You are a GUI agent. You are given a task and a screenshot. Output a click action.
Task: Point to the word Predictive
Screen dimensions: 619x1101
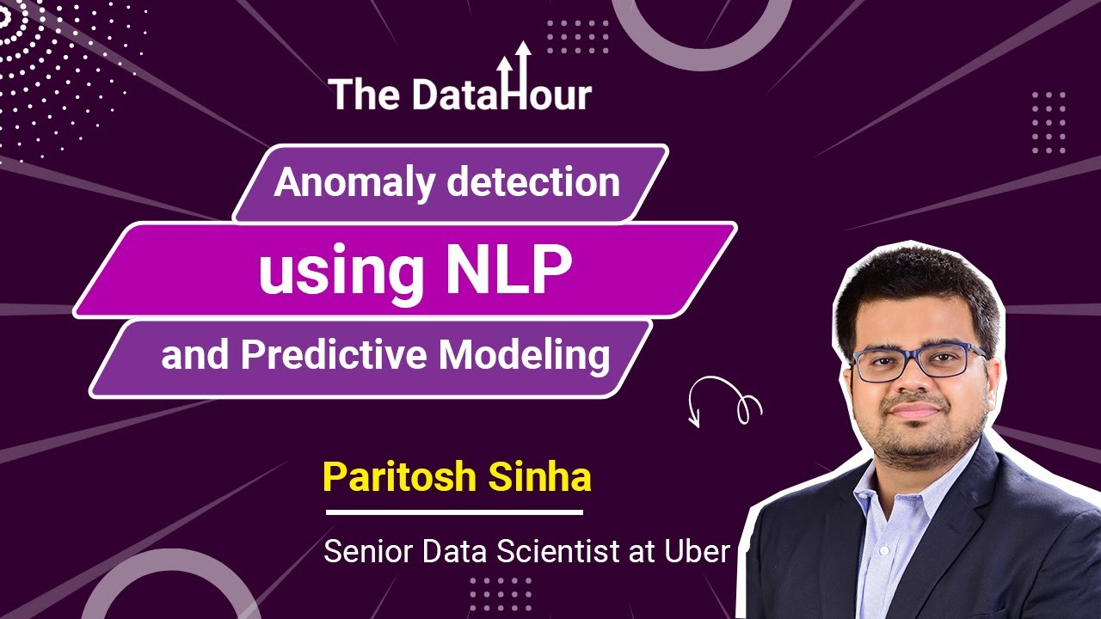(x=335, y=355)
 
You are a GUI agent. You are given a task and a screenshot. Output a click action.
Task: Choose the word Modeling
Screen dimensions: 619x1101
(x=525, y=356)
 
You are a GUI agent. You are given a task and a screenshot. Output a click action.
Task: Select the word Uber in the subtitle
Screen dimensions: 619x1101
(x=696, y=551)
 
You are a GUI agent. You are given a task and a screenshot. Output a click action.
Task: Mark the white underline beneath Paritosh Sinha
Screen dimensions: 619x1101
(x=455, y=512)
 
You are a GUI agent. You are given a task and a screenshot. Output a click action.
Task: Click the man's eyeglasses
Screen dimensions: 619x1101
(x=918, y=362)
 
